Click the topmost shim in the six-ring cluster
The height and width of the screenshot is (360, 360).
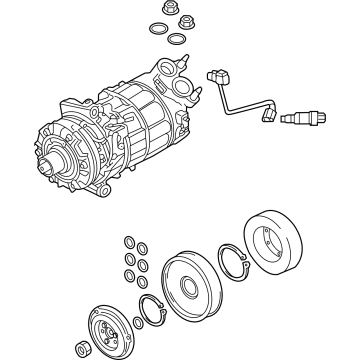130,240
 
